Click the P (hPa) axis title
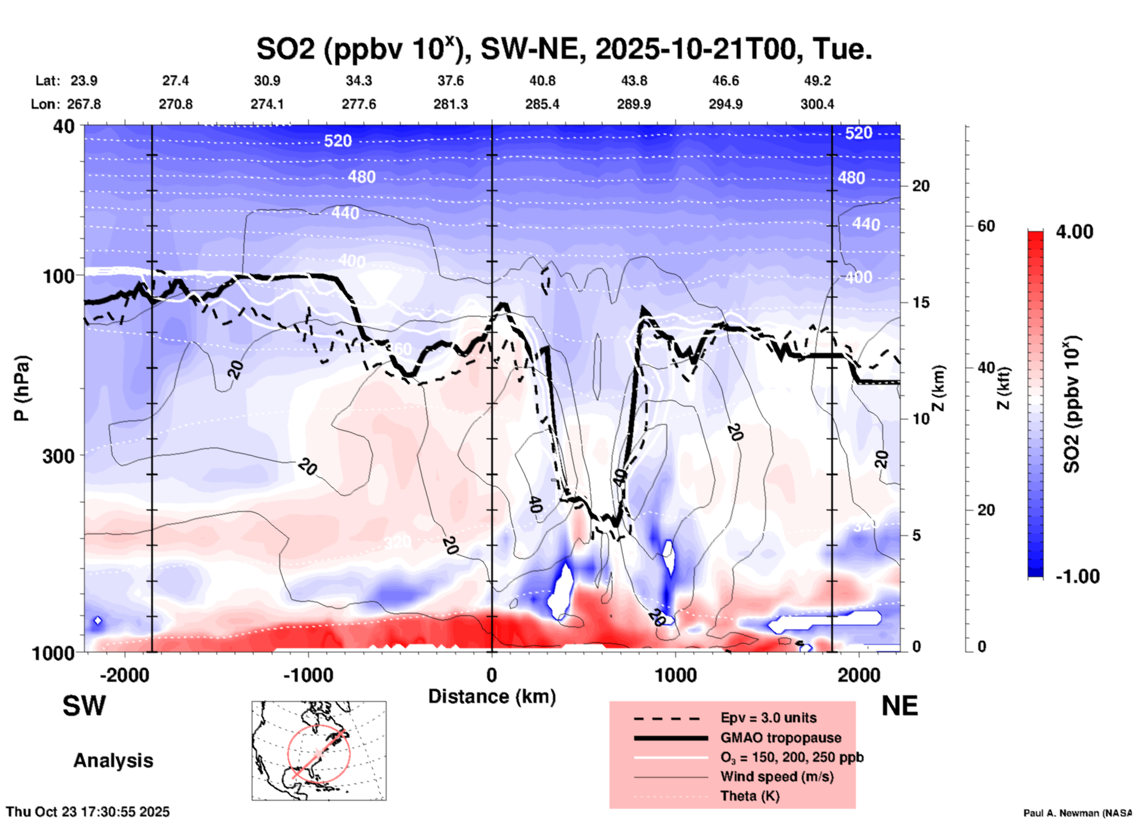click(x=22, y=388)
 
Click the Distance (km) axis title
click(x=492, y=696)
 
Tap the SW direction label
click(x=84, y=706)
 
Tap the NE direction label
click(x=899, y=706)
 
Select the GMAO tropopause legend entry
click(x=781, y=738)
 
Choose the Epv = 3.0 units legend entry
click(x=768, y=718)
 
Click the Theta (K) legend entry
click(x=749, y=796)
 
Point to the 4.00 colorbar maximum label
click(x=1074, y=232)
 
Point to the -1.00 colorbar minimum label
click(x=1077, y=576)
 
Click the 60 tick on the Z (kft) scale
click(x=986, y=226)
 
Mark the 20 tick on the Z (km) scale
click(x=921, y=186)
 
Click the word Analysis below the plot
click(x=113, y=761)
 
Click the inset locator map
click(x=319, y=751)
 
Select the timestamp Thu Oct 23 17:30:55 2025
click(x=88, y=812)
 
